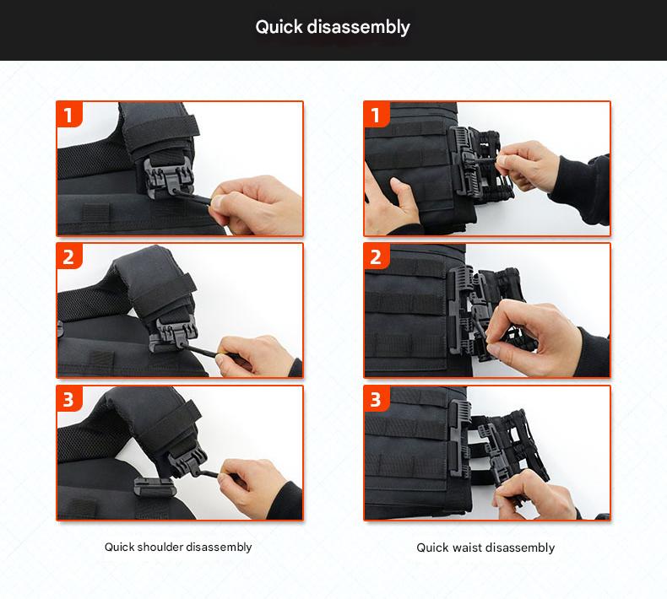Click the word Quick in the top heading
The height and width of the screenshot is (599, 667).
(279, 28)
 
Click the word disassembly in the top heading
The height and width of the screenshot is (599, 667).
(358, 27)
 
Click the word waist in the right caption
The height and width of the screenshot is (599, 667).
(467, 548)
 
